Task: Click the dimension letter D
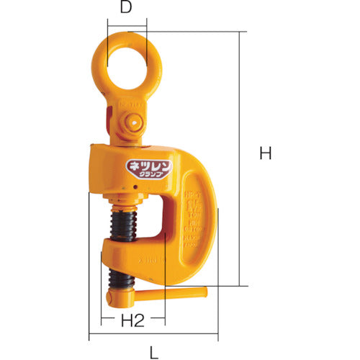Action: pos(126,9)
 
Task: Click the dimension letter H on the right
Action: pos(266,153)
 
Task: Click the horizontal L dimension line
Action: pos(153,336)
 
